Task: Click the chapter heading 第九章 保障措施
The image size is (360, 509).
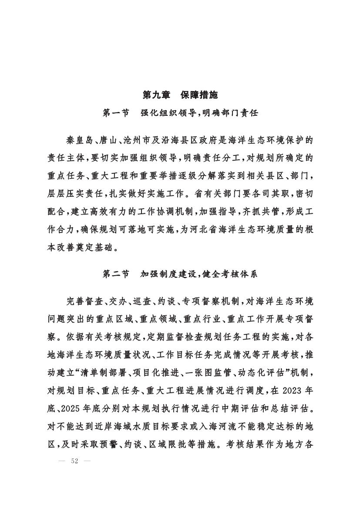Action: pyautogui.click(x=180, y=94)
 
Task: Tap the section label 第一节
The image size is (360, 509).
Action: pyautogui.click(x=116, y=113)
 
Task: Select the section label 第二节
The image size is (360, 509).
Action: pyautogui.click(x=116, y=274)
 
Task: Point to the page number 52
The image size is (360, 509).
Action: pyautogui.click(x=74, y=462)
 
